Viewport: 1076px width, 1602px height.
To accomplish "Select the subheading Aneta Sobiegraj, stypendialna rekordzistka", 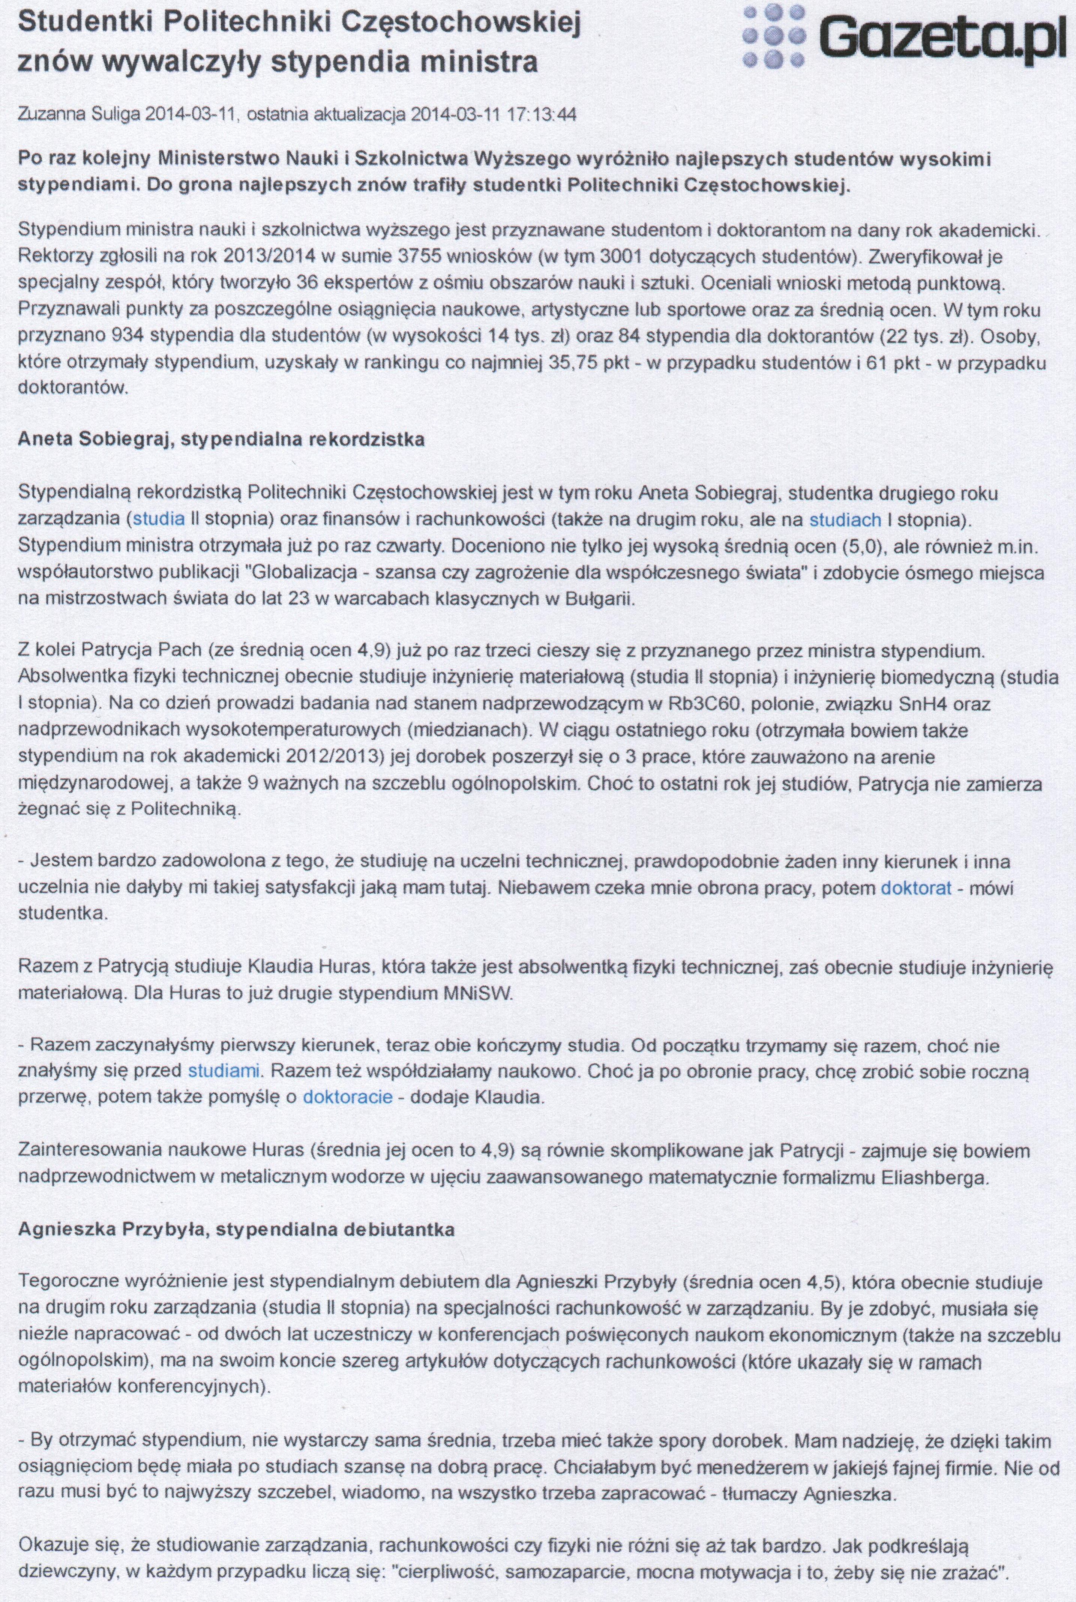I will point(221,440).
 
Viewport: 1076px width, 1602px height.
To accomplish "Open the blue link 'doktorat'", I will point(916,887).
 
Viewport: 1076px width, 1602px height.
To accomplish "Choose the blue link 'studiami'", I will point(224,1071).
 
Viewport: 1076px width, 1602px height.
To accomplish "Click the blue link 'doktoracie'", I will point(348,1096).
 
